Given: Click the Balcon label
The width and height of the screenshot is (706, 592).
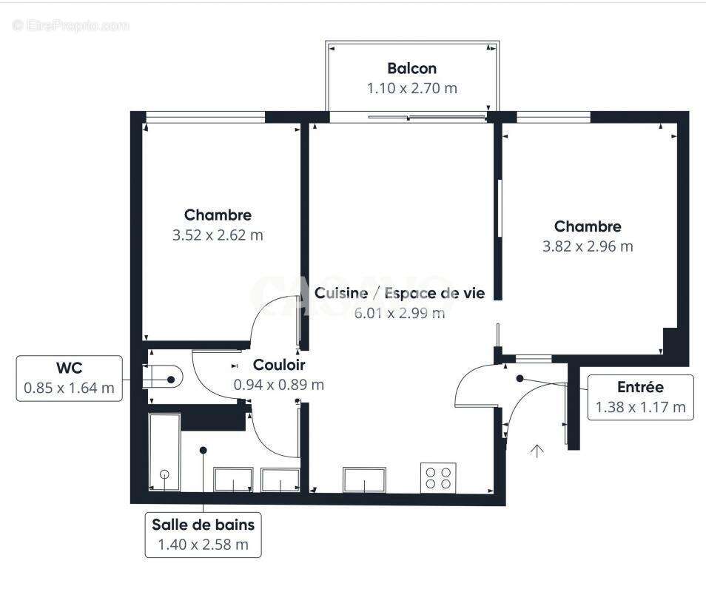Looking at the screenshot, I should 411,69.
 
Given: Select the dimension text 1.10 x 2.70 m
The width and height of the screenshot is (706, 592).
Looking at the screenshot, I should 411,88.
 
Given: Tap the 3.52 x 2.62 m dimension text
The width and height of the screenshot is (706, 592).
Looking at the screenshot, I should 218,235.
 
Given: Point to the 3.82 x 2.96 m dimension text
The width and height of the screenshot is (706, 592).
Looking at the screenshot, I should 588,246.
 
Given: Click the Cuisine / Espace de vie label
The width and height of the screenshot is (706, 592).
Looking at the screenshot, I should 400,294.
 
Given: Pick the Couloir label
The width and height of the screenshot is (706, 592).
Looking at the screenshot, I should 278,365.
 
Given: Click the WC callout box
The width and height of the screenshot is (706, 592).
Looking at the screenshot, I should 70,378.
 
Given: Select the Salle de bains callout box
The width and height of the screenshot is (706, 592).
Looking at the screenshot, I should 204,535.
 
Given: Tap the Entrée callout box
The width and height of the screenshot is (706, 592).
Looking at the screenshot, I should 640,397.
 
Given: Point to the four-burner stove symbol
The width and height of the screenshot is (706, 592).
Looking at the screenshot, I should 438,477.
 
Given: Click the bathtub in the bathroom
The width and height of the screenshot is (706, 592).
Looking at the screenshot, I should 164,452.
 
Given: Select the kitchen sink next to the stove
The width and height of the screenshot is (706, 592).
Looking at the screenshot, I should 364,480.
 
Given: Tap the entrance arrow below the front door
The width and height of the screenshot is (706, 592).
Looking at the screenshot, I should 537,450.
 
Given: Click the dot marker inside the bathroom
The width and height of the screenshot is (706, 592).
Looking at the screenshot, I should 203,449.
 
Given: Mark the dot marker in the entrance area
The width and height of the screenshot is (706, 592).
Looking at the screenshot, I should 520,378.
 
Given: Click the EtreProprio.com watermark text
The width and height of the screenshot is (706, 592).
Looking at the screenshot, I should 70,26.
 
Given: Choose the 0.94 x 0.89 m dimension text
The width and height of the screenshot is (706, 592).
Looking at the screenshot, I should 278,385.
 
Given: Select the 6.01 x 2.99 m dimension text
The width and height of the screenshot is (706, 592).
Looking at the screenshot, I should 400,313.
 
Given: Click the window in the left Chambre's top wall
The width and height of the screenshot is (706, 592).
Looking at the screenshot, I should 205,116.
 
